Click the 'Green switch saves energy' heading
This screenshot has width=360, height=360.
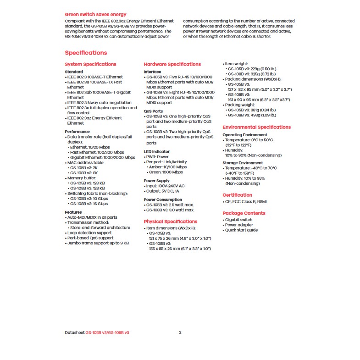point(95,15)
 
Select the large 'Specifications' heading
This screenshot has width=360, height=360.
point(86,53)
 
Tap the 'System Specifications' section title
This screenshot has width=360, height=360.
point(90,64)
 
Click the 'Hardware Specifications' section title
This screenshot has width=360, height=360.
point(172,64)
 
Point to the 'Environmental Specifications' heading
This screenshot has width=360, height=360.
point(256,127)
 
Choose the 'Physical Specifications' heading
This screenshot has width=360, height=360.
point(170,222)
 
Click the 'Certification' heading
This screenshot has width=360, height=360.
point(237,195)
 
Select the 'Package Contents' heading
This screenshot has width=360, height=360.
point(244,213)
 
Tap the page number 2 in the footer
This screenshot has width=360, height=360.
point(180,332)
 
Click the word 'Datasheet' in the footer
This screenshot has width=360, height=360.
point(75,332)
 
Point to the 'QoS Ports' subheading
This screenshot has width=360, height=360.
point(153,111)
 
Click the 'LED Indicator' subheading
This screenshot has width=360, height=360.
point(156,151)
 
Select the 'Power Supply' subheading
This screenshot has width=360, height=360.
point(156,181)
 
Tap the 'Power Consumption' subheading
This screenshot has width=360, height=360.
point(162,200)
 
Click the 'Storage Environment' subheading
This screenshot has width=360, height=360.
point(243,163)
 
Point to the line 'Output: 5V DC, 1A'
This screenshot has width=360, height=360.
point(166,191)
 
